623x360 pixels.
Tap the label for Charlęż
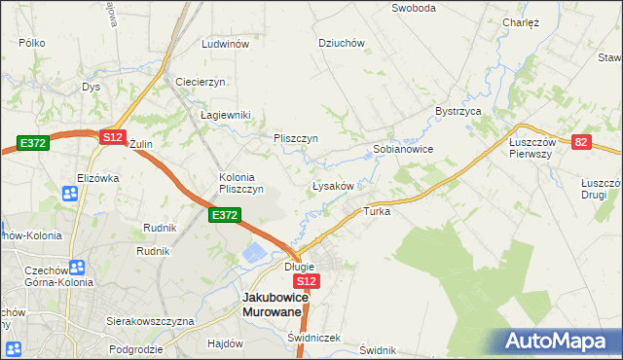[x=521, y=21]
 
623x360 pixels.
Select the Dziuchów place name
[x=342, y=43]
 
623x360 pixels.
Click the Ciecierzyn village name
[x=201, y=82]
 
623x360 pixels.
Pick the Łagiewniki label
[x=226, y=115]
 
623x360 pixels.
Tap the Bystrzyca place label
[x=459, y=112]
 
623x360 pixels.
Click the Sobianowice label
[x=403, y=150]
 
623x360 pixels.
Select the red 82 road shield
[x=582, y=142]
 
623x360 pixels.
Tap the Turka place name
[x=377, y=211]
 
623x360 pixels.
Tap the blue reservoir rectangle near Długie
[x=251, y=255]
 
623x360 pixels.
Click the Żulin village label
[x=141, y=144]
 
